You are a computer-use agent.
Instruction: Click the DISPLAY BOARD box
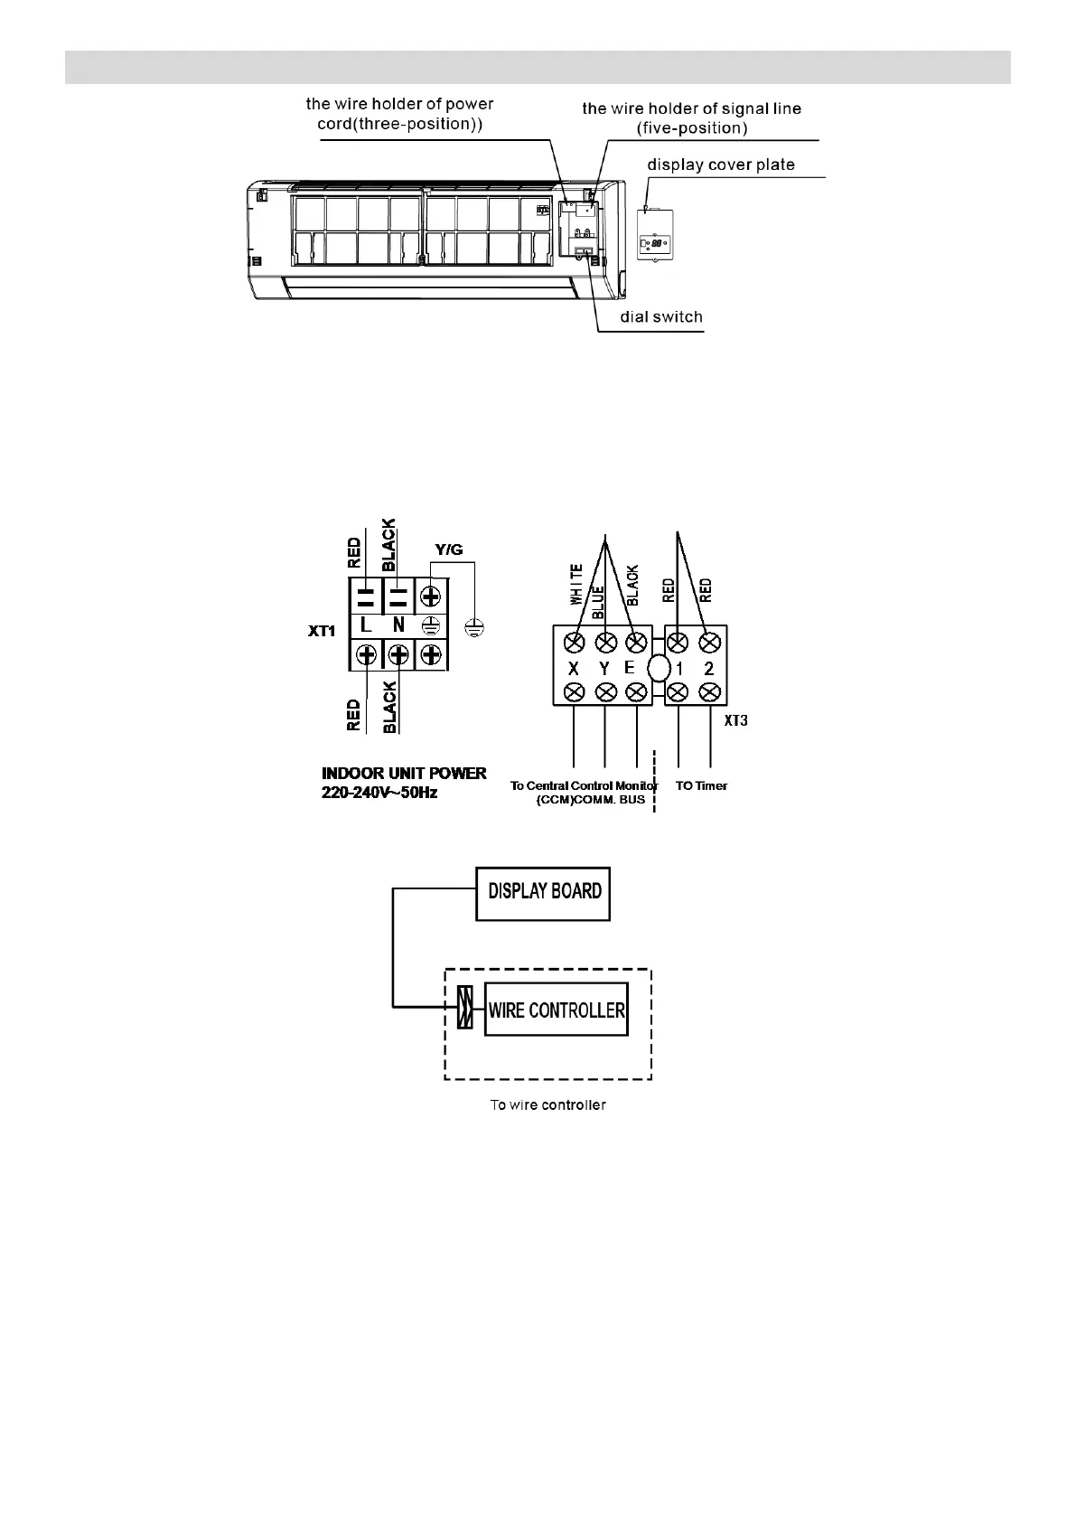tap(543, 894)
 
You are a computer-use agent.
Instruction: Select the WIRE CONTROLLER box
tap(556, 1010)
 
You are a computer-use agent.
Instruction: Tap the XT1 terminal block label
tap(322, 631)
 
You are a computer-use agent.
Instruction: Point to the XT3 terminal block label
tap(736, 721)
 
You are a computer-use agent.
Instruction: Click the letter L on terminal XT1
tap(366, 625)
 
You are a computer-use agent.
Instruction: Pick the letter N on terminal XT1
tap(398, 625)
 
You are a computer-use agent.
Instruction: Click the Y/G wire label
tap(449, 549)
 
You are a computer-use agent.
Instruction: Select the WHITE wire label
tap(575, 584)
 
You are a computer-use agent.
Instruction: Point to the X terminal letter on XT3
tap(574, 669)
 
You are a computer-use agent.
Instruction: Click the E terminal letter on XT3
tap(630, 669)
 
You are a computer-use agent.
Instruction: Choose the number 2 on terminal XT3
tap(709, 669)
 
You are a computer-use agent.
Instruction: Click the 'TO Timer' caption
tap(701, 785)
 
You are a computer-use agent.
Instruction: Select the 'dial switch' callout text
tap(660, 317)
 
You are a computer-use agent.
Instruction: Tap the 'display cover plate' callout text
tap(721, 165)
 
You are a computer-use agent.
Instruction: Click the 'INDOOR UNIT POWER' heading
tap(404, 774)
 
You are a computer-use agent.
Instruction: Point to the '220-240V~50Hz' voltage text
tap(379, 793)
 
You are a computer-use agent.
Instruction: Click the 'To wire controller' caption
tap(547, 1104)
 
